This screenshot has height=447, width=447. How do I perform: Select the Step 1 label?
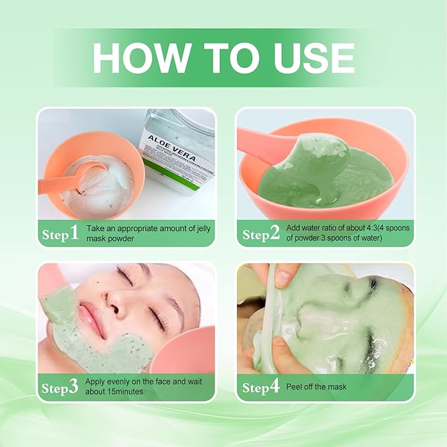point(60,234)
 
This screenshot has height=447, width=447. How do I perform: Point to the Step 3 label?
point(60,387)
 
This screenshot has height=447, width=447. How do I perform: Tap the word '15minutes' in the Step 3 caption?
point(129,392)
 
